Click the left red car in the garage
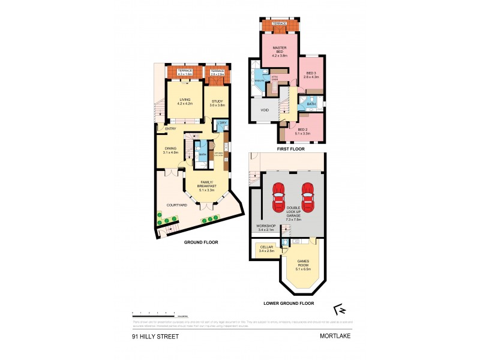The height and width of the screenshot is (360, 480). pyautogui.click(x=279, y=197)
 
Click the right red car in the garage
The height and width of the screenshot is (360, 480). pyautogui.click(x=308, y=197)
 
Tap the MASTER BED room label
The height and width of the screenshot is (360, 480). pyautogui.click(x=280, y=50)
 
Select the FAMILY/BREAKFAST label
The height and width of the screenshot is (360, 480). pyautogui.click(x=208, y=185)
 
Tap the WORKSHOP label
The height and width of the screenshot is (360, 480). pyautogui.click(x=262, y=227)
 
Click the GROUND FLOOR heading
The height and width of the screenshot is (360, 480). pyautogui.click(x=201, y=242)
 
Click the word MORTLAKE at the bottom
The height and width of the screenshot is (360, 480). pyautogui.click(x=335, y=337)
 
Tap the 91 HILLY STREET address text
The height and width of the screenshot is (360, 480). pyautogui.click(x=155, y=337)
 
